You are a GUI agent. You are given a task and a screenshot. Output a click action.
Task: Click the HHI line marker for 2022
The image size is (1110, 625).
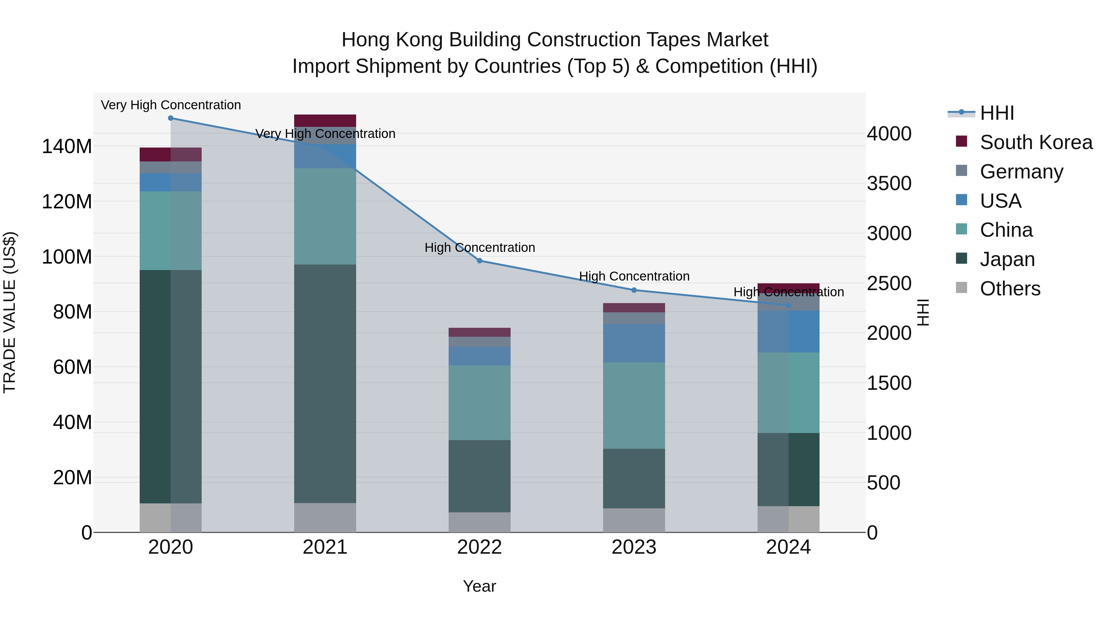(479, 260)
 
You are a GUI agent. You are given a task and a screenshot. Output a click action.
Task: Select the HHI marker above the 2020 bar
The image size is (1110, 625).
(171, 118)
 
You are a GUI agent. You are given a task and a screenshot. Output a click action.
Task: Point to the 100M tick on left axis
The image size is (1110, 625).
(67, 257)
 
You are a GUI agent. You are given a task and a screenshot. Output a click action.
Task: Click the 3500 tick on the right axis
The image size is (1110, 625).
(889, 183)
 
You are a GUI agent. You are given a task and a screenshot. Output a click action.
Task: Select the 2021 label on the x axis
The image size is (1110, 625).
(325, 547)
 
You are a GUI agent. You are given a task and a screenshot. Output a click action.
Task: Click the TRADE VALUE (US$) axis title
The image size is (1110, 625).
(10, 312)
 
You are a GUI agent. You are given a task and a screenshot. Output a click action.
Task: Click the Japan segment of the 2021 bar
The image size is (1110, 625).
(325, 384)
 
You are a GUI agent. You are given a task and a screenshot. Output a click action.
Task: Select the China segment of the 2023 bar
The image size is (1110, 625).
(634, 406)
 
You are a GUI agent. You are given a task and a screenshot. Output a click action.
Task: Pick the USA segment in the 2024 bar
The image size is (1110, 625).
(788, 331)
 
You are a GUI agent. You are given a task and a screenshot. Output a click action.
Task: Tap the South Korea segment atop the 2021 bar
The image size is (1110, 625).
(325, 120)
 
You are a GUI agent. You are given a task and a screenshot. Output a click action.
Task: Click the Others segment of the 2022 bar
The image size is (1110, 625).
(479, 522)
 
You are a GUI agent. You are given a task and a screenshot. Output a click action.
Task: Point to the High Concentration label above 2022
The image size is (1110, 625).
(479, 248)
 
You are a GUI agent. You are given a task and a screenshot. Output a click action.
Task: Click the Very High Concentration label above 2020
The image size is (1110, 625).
(171, 105)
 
